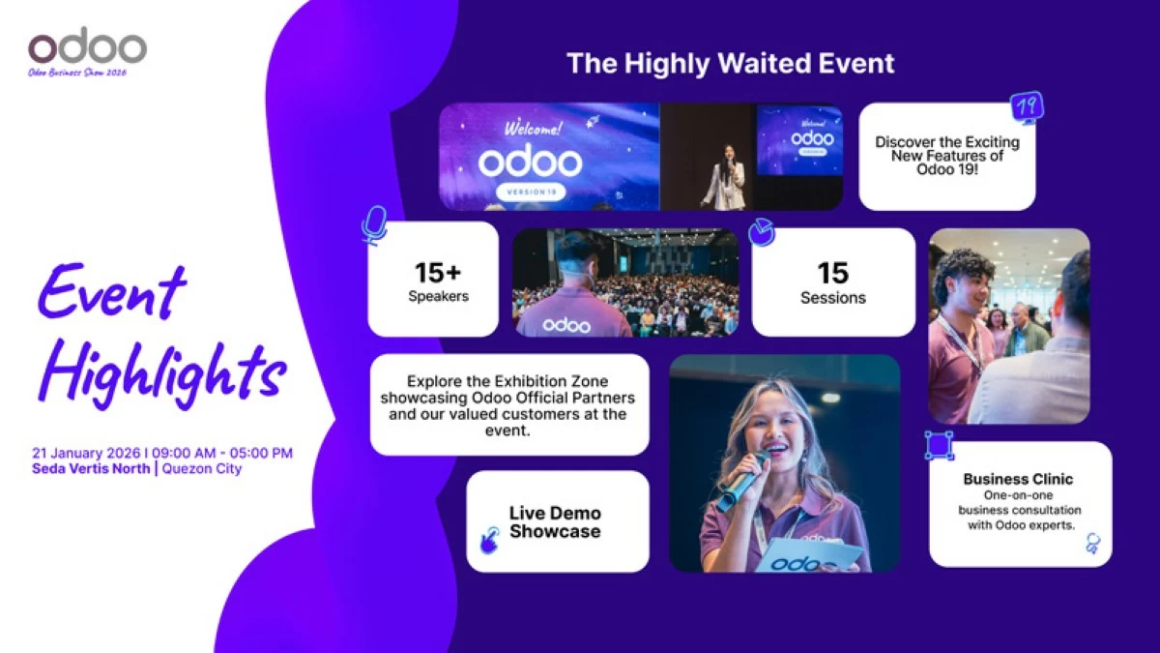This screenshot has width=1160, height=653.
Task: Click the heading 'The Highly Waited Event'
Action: [x=731, y=64]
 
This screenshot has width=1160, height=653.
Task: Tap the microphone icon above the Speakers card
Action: [x=374, y=224]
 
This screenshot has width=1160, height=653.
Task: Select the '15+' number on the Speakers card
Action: [x=438, y=273]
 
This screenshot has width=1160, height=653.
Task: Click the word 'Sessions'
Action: [x=832, y=298]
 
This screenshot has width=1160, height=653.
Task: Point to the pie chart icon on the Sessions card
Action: [x=762, y=231]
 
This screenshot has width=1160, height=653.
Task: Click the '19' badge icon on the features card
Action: [x=1028, y=107]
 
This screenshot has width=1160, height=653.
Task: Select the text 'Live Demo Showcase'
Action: [x=555, y=521]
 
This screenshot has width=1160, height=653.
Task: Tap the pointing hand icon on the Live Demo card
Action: [x=489, y=540]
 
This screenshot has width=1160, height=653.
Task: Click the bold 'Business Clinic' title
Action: [x=1018, y=479]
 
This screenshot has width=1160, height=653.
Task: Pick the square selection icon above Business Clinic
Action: [x=939, y=445]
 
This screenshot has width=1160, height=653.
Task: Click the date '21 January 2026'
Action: [x=86, y=453]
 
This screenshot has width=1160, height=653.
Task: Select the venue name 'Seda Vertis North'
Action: [x=91, y=468]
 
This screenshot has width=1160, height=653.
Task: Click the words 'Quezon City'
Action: [x=202, y=468]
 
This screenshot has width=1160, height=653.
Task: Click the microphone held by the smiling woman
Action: [x=742, y=481]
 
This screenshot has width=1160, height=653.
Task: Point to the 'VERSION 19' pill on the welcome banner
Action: [x=531, y=192]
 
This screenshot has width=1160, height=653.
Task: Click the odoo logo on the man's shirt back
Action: [x=566, y=325]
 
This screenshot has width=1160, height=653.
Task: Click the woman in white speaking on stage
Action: [x=726, y=177]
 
